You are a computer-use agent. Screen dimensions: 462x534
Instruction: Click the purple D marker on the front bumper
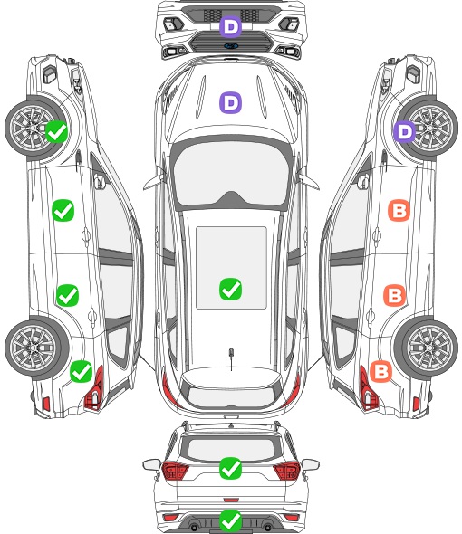pos(230,26)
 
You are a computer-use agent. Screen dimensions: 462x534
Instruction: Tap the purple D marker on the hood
pos(230,102)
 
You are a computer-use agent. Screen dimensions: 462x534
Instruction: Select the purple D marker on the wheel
pos(405,131)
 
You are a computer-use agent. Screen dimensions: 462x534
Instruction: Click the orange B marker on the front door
pos(399,210)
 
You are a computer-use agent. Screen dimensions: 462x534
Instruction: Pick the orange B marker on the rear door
pos(394,295)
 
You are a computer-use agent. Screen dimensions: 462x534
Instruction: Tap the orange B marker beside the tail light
pos(380,371)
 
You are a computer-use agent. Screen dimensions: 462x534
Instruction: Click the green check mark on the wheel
pos(56,131)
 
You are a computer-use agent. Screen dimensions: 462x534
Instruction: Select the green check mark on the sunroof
pos(230,289)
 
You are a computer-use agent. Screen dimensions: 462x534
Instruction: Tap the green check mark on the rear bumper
pos(230,520)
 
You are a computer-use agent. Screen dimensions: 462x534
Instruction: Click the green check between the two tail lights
pos(230,468)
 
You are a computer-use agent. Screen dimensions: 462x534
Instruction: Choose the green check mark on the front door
pos(63,210)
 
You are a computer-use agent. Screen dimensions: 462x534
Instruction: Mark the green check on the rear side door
pos(68,295)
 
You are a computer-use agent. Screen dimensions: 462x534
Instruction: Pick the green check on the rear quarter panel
pos(82,371)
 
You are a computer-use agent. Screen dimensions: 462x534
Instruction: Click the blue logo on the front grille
pos(231,45)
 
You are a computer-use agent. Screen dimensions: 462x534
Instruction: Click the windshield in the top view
pos(231,174)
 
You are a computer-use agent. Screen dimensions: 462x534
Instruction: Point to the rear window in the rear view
pos(231,449)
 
